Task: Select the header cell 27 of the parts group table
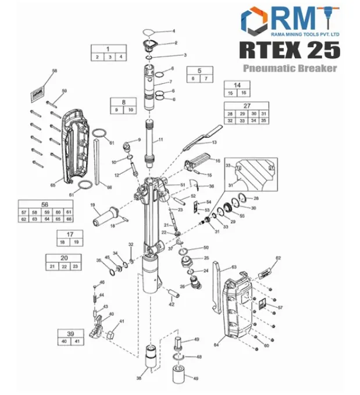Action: click(247, 106)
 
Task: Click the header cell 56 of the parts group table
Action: click(46, 205)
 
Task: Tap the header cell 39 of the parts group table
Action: click(70, 334)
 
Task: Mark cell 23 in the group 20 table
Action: click(75, 266)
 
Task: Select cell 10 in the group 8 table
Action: click(131, 110)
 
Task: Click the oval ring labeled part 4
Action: click(149, 32)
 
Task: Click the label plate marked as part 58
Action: click(38, 90)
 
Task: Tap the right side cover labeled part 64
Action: click(236, 309)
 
